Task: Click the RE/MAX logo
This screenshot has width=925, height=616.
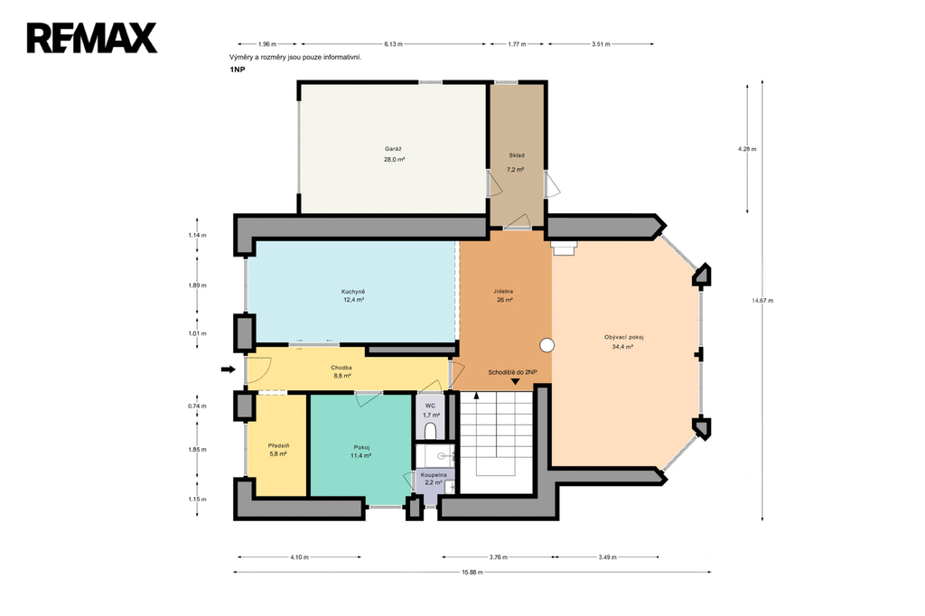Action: click(92, 38)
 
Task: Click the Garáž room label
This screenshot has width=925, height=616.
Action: click(394, 149)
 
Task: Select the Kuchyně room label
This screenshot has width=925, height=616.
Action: click(353, 292)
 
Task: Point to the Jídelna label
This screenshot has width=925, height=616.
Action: click(503, 292)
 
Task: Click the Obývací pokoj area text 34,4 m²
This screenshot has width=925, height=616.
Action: click(623, 347)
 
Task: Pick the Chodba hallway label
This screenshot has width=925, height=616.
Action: click(341, 369)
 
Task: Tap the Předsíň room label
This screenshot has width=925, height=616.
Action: click(278, 445)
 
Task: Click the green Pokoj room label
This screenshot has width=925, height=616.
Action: click(361, 447)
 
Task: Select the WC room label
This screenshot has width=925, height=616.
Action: click(431, 406)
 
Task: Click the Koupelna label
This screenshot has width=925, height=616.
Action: click(434, 474)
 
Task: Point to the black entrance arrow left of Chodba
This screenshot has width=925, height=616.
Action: click(229, 369)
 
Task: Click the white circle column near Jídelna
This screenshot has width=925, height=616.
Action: click(547, 346)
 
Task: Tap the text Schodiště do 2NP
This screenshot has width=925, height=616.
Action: click(513, 372)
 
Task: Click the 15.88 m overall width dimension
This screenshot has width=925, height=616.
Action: click(472, 572)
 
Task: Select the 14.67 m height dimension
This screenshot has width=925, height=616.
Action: click(762, 301)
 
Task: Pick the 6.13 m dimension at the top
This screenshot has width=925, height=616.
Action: click(394, 43)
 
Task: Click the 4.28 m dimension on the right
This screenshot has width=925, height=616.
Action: click(747, 149)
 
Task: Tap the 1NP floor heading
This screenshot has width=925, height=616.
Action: click(238, 70)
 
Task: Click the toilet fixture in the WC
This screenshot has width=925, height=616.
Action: click(431, 430)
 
